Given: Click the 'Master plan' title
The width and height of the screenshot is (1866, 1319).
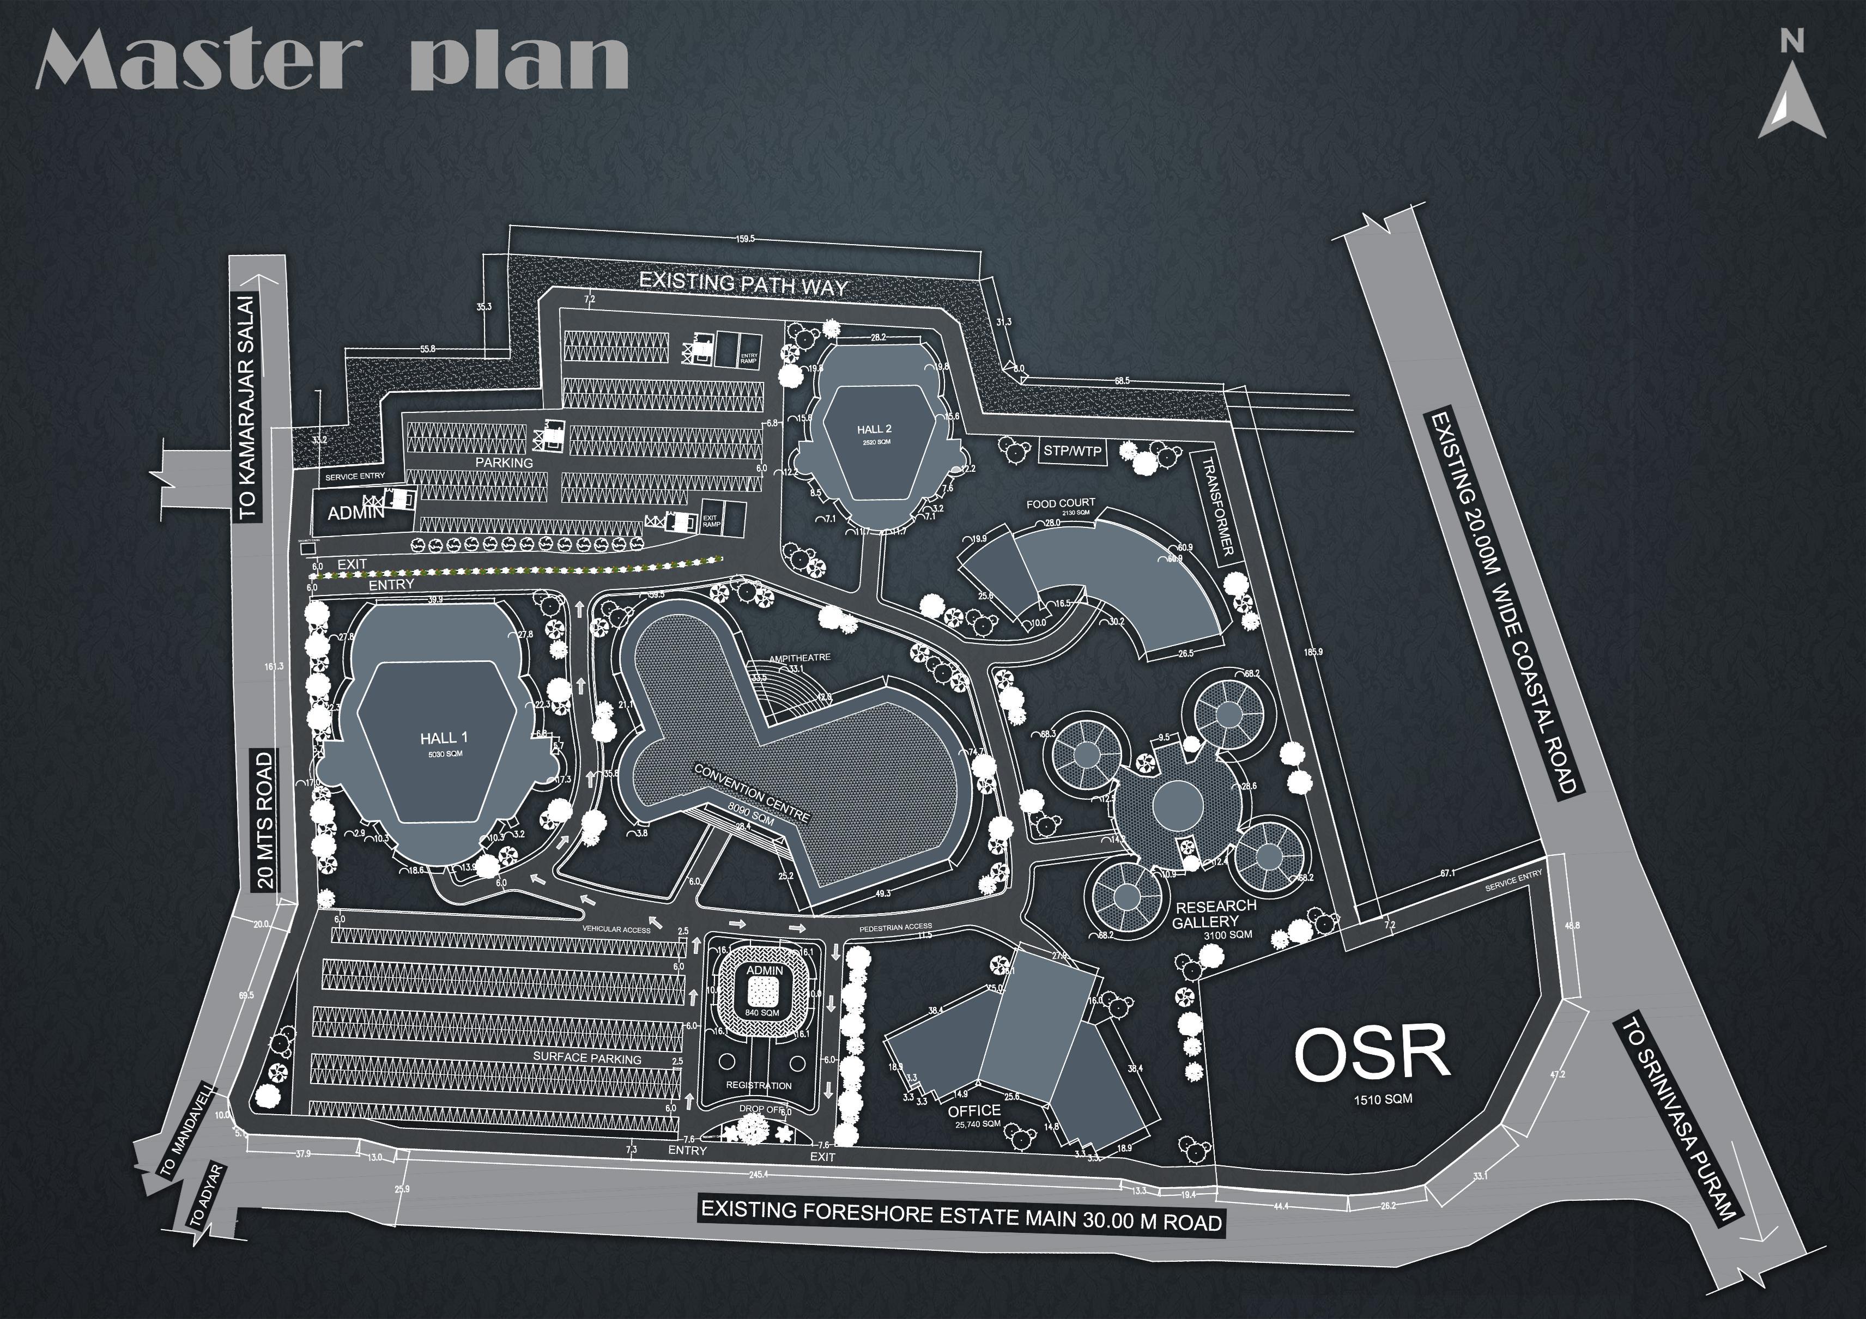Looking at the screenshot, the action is coord(331,61).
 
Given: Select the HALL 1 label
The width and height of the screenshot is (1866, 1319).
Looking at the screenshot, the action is coord(443,738).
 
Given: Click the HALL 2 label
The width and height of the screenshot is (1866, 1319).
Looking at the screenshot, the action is coord(874,429).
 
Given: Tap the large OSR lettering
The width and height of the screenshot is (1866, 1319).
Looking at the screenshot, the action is coord(1372,1053).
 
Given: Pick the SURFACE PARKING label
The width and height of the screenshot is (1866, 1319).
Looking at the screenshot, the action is coord(587,1058).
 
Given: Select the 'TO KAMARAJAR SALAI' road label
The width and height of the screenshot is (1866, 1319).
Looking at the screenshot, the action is coord(247,406).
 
